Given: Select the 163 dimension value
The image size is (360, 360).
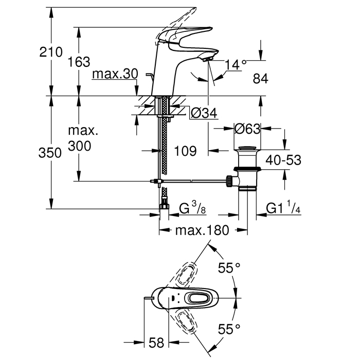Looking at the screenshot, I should tap(79, 62).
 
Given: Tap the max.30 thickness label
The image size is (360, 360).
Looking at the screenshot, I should tap(116, 75).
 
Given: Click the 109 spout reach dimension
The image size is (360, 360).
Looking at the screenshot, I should tap(186, 151).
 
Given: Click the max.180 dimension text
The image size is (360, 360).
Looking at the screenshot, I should tap(201, 231).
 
